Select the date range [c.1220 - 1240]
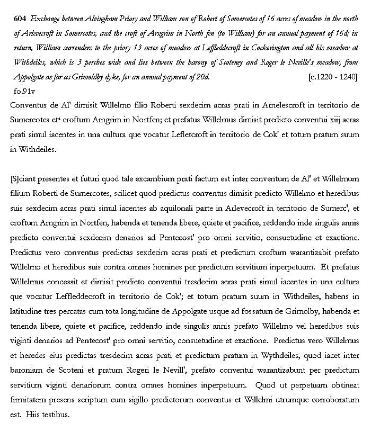(x=333, y=77)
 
